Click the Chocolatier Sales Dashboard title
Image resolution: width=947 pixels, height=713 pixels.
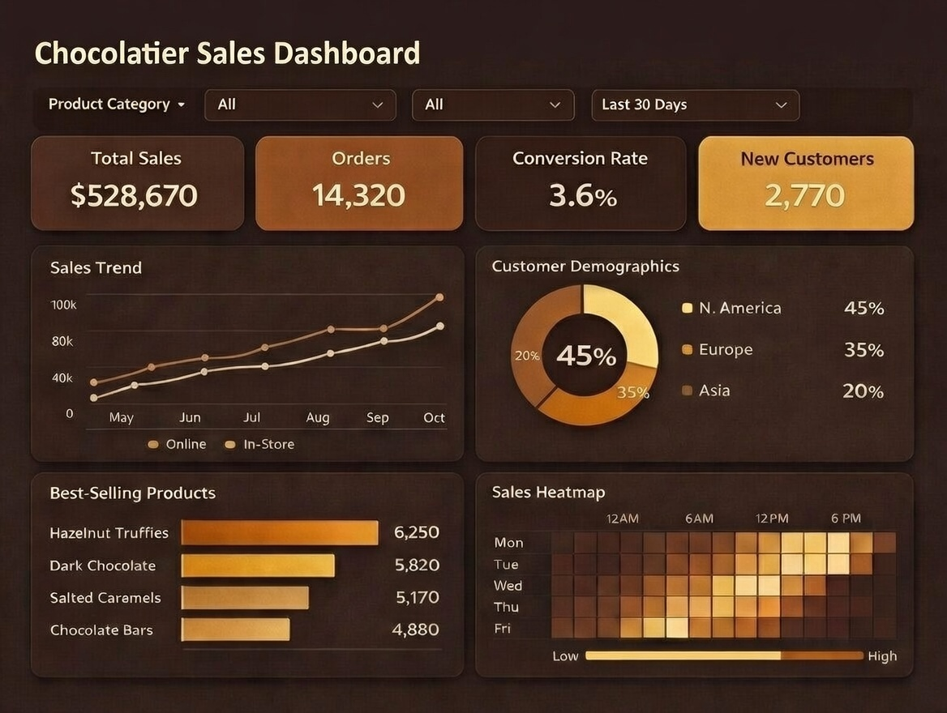(227, 53)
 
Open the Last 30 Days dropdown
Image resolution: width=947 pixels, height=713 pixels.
(695, 105)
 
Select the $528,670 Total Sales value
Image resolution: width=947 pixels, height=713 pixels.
(134, 195)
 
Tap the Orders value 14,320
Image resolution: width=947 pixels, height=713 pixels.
(358, 195)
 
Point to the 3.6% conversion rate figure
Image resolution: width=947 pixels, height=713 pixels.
(582, 195)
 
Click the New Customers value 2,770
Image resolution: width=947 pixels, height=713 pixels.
(804, 195)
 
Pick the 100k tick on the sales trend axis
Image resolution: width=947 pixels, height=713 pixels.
(63, 305)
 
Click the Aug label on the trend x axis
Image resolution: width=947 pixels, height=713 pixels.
(318, 418)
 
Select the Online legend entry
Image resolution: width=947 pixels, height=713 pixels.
(178, 444)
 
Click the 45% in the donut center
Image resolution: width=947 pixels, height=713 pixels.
(585, 356)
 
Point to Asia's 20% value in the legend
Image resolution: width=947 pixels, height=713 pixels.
(863, 391)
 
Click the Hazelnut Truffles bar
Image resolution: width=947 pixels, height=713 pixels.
(280, 532)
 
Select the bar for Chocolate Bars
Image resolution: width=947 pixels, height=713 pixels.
(235, 630)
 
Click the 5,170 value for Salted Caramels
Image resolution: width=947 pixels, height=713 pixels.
(417, 598)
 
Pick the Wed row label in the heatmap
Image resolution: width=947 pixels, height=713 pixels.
(508, 586)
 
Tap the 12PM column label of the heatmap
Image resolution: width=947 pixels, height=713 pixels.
(771, 519)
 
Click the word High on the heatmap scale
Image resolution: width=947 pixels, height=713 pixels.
(881, 656)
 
